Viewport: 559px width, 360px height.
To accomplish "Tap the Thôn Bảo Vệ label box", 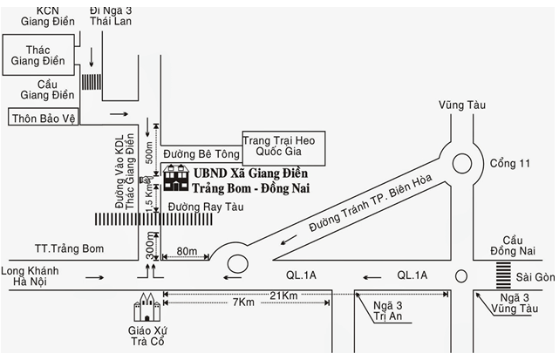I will (x=42, y=115).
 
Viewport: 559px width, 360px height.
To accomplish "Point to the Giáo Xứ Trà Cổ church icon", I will (x=144, y=309).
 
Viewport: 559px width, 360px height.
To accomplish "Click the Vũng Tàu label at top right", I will (x=462, y=105).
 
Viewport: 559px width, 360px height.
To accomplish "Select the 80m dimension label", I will (x=186, y=252).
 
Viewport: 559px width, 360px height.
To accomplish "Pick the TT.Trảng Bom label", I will (x=65, y=249).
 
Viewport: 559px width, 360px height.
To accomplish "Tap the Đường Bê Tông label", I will (x=195, y=153).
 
